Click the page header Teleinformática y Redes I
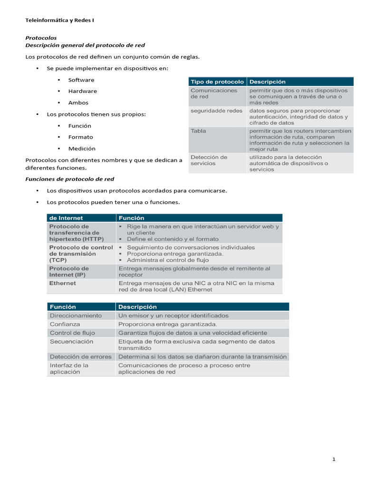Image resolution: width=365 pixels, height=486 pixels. point(60,20)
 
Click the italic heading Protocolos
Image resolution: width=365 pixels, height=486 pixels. point(41,37)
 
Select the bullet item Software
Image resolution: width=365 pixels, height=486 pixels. point(81,80)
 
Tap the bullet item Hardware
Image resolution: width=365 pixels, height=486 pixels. point(83,91)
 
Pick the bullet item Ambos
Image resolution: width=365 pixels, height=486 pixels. point(78,103)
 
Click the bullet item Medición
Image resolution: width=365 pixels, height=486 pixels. point(82,149)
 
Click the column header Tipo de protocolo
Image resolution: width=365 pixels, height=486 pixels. point(217,82)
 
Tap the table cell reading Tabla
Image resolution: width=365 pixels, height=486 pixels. point(198,131)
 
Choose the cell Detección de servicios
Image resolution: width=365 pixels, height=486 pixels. point(209,160)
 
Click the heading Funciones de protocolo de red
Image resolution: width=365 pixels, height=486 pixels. point(69,179)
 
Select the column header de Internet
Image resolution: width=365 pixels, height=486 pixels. point(66,218)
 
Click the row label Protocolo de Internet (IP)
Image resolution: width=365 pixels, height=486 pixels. point(69,271)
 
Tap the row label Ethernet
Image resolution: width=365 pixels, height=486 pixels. point(63,283)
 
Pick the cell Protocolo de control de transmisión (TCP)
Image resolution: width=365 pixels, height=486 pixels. point(81,253)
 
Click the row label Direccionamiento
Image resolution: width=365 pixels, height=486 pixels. point(76,316)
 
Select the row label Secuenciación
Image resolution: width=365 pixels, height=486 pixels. point(72,341)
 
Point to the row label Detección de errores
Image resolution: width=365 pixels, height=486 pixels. point(81,356)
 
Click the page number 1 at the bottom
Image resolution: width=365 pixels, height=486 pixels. point(334,459)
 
